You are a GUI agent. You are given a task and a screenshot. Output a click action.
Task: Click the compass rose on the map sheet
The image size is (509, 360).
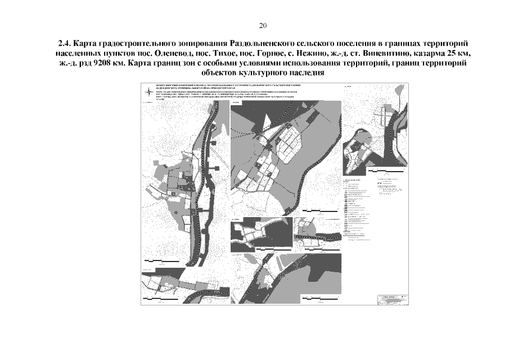pos(147,91)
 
